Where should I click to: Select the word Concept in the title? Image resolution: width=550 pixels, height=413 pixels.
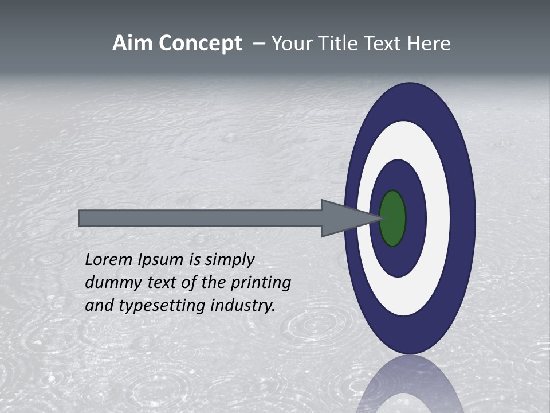tap(200, 44)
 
